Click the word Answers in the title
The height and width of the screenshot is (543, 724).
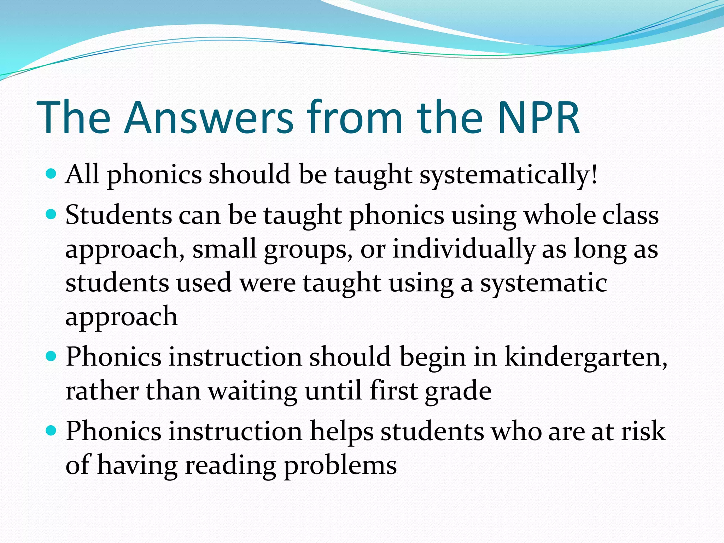209,117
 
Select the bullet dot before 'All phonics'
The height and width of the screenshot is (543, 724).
51,174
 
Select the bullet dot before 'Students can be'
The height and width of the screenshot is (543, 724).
51,214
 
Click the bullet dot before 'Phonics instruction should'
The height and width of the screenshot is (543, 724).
51,356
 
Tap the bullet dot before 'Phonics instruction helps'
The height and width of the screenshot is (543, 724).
51,430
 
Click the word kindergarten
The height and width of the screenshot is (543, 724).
585,357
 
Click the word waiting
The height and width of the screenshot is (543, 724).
252,391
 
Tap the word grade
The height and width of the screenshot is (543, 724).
458,391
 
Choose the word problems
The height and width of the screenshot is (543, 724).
340,466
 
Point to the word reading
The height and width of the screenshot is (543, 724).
230,466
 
